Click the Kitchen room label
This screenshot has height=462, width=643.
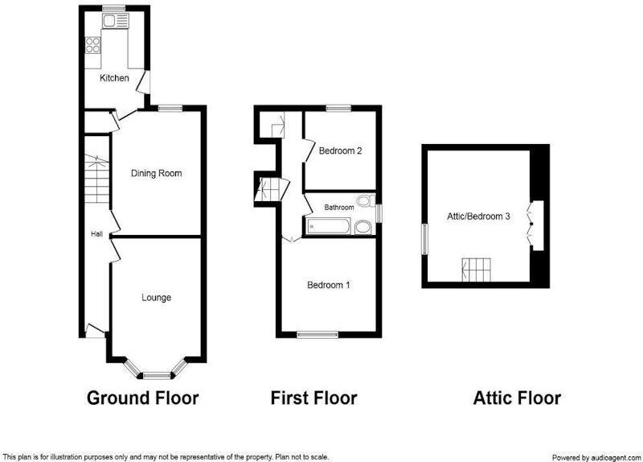click(114, 78)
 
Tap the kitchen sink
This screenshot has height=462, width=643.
click(116, 21)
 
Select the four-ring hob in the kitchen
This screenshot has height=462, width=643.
click(92, 45)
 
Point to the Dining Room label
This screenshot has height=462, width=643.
click(156, 173)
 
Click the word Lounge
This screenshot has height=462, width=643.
click(156, 297)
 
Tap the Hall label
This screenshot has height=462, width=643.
click(96, 234)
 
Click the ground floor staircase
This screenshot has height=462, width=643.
click(97, 179)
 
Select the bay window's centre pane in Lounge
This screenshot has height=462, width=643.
click(157, 375)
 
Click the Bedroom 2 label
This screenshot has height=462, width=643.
click(340, 151)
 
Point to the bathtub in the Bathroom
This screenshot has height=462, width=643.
click(329, 227)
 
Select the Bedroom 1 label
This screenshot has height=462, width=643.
click(329, 285)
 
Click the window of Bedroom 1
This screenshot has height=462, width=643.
click(317, 335)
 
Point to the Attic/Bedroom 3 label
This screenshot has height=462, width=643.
click(478, 217)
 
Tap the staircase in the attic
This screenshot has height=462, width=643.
click(476, 270)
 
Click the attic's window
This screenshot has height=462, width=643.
click(425, 238)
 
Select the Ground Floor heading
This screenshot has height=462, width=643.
click(143, 398)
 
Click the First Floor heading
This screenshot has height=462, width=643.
click(313, 398)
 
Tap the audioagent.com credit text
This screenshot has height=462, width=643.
click(596, 457)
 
